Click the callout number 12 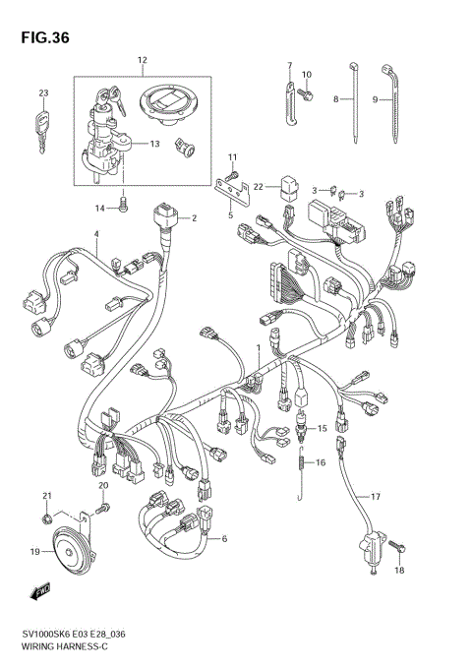[x=142, y=61]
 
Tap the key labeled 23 [x=42, y=127]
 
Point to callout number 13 [x=155, y=144]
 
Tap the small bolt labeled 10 [x=309, y=93]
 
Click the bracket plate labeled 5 [x=228, y=190]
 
